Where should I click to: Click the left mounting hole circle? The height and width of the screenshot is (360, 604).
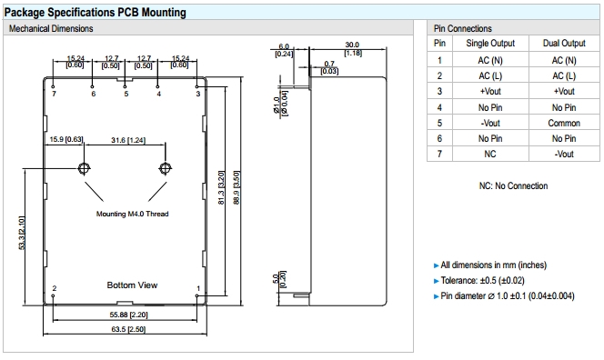coord(84,168)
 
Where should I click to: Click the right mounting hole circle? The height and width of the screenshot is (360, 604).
coord(166,168)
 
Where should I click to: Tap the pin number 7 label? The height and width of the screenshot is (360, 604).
coord(54,94)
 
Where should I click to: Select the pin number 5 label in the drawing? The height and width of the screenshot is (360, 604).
coord(126,94)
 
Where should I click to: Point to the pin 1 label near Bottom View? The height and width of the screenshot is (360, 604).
coord(198,288)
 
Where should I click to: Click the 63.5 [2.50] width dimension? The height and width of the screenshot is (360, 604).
coord(128,329)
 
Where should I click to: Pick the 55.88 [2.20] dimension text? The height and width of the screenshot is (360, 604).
coord(128,315)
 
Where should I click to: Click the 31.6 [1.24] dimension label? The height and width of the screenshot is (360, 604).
coord(128,140)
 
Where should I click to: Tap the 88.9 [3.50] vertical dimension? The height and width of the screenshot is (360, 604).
coord(237,188)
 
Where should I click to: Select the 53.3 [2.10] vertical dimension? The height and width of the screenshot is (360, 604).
coord(22,233)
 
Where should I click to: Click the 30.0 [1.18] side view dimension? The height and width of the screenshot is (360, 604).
coord(352,49)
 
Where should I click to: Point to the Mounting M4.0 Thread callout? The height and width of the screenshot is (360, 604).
coord(132,214)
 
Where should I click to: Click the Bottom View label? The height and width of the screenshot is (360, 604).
coord(132,285)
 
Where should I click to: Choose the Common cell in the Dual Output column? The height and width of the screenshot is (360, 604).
coord(564,124)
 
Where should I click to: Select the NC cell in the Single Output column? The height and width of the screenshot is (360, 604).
coord(490,154)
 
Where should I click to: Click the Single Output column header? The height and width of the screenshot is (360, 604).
coord(490,43)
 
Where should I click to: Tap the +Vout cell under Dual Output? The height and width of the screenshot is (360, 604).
coord(564,92)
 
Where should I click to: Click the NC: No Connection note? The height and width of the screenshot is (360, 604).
coord(513,186)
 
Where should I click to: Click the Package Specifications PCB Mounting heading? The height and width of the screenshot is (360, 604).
coord(96,13)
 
